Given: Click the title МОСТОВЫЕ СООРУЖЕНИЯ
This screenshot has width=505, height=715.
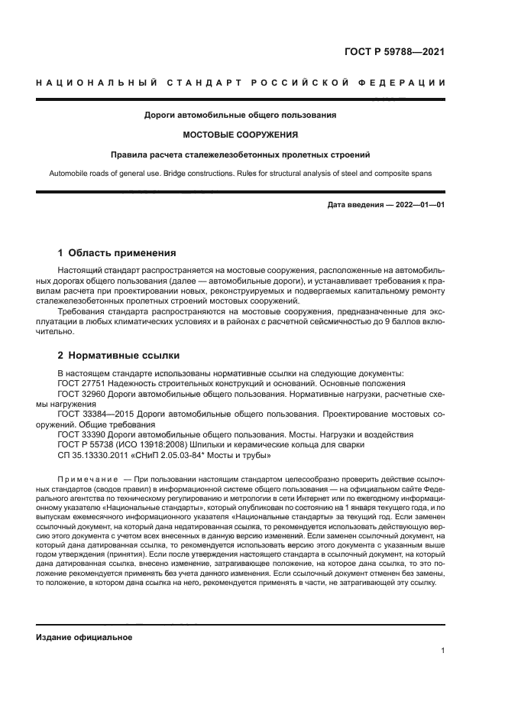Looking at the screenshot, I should pos(241,134).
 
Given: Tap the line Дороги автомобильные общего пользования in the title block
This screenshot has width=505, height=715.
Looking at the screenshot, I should pos(241,115).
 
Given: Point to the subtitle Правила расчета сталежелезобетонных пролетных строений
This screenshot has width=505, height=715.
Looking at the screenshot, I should pos(241,154).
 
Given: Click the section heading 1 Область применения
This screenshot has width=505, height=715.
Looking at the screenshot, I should pos(117,252).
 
